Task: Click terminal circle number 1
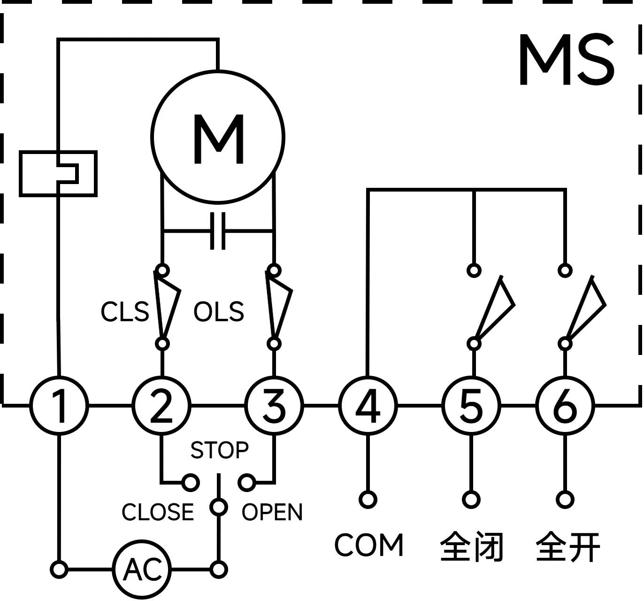coord(59,406)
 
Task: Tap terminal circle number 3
coord(275,406)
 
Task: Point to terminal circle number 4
coord(368,406)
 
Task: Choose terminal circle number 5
coord(472,406)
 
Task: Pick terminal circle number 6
coord(565,406)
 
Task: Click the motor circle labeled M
coord(218,137)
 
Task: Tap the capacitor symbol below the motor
coord(218,231)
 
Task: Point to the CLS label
coord(125,312)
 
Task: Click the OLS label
coord(219,312)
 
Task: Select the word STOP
coord(219,450)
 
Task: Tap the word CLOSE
coord(158,512)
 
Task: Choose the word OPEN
coord(272,512)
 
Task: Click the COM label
coord(369,545)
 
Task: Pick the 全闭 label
coord(472,546)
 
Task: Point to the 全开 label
coord(568,546)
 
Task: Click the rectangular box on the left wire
coord(58,173)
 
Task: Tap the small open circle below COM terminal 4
coord(368,500)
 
